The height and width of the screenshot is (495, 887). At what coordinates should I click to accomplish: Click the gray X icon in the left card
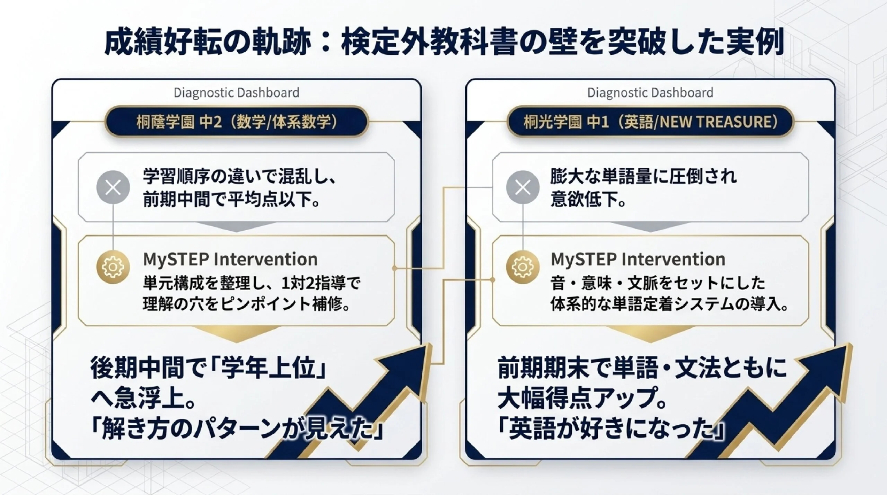[x=113, y=187]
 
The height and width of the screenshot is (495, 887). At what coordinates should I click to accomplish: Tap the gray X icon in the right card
[x=522, y=187]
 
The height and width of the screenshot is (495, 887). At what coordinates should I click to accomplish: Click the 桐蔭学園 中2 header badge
[x=236, y=122]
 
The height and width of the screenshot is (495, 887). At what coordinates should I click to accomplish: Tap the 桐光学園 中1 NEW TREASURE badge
[x=650, y=122]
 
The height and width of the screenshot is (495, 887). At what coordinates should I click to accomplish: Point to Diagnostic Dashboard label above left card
[x=236, y=92]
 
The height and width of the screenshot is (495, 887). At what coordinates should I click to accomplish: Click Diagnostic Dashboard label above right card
[x=650, y=92]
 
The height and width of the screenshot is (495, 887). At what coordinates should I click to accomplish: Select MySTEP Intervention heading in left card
[x=230, y=259]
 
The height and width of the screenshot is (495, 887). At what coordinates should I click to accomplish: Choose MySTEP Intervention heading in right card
[x=638, y=259]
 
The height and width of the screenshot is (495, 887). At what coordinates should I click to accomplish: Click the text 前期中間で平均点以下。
[x=231, y=200]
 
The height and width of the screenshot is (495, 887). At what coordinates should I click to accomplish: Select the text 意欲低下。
[x=588, y=200]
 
